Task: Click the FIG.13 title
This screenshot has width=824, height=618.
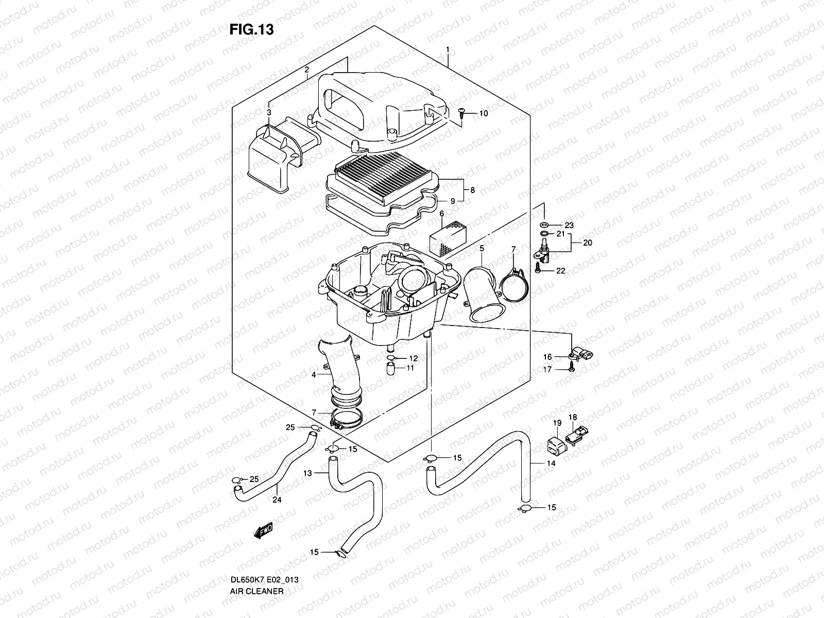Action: tap(251, 30)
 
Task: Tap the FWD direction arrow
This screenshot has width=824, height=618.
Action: tap(262, 531)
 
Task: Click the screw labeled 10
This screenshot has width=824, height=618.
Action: tap(461, 113)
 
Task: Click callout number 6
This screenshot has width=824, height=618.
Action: tap(441, 213)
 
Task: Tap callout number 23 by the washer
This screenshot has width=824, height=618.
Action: tap(569, 225)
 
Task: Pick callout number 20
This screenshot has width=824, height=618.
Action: tap(588, 242)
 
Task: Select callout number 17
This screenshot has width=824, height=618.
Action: tap(547, 369)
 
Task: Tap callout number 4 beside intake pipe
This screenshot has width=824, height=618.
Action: tap(314, 375)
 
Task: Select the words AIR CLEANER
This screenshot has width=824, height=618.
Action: tap(256, 605)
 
